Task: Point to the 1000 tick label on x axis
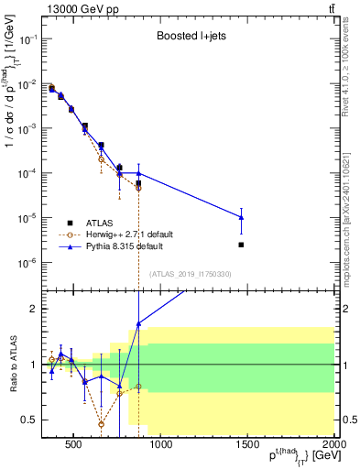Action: (x=161, y=445)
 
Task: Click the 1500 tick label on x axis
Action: (x=248, y=445)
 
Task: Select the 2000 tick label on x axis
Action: (x=333, y=445)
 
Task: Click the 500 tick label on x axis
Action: (x=74, y=445)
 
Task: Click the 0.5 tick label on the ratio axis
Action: (x=27, y=420)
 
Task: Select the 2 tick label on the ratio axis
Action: (x=32, y=309)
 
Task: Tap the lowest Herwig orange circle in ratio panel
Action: (x=101, y=424)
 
